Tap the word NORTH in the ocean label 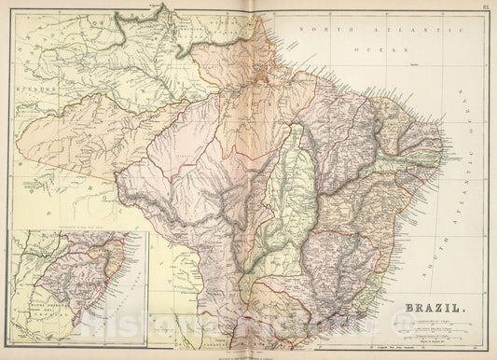[322, 31]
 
